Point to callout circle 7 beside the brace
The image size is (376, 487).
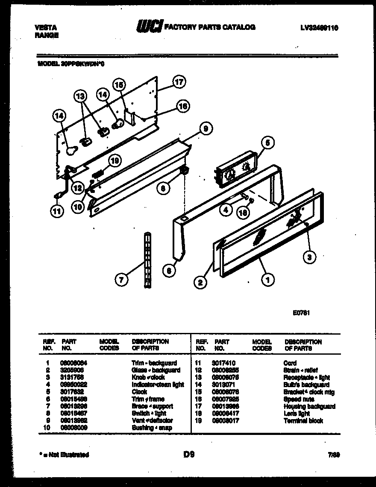tap(122, 280)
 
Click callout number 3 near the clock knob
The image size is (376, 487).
tap(309, 257)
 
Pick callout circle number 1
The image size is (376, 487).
tap(267, 280)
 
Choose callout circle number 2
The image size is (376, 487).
tap(199, 282)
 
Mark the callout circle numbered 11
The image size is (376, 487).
tap(56, 210)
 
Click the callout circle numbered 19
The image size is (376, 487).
tap(114, 160)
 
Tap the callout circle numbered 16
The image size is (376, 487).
tap(182, 107)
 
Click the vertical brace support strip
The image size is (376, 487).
tap(148, 261)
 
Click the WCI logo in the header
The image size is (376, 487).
tap(149, 27)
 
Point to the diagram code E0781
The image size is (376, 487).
tap(301, 312)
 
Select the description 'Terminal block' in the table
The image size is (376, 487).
tap(303, 421)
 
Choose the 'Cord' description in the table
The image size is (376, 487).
tap(290, 363)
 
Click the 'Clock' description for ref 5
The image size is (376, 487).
tap(140, 392)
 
